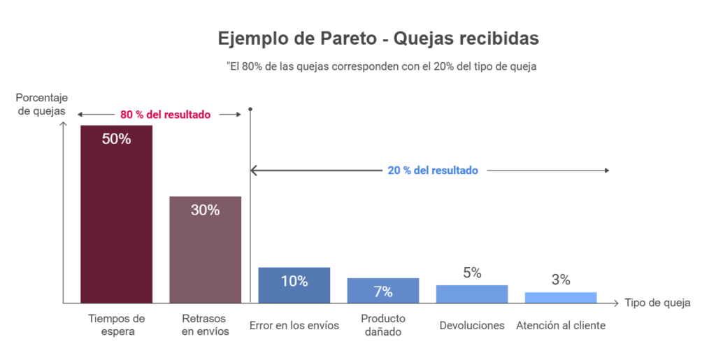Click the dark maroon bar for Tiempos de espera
(116, 224)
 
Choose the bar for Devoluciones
(472, 294)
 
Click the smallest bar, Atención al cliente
(561, 298)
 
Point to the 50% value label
(116, 138)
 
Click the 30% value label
(206, 210)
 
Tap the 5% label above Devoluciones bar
(472, 273)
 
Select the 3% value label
(561, 280)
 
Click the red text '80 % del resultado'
(165, 114)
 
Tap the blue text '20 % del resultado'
(433, 170)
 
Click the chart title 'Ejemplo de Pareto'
(378, 38)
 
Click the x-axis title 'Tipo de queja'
(657, 303)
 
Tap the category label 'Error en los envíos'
(294, 325)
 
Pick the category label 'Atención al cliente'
(561, 325)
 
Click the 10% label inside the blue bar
(294, 281)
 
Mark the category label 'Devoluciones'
(472, 325)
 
